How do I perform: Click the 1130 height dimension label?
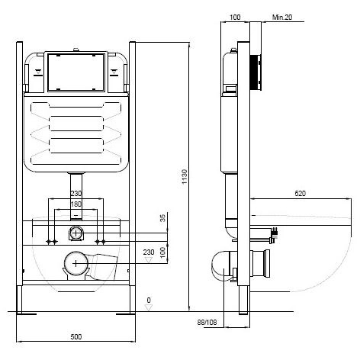(185, 177)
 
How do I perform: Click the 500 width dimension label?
(76, 337)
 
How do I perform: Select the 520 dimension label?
(301, 194)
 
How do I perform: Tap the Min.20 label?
(282, 18)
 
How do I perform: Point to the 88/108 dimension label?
(207, 323)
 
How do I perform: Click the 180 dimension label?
(76, 204)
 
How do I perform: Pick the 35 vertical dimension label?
(162, 218)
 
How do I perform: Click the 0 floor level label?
(149, 300)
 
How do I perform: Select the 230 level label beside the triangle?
(149, 252)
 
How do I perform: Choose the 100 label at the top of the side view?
(235, 18)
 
